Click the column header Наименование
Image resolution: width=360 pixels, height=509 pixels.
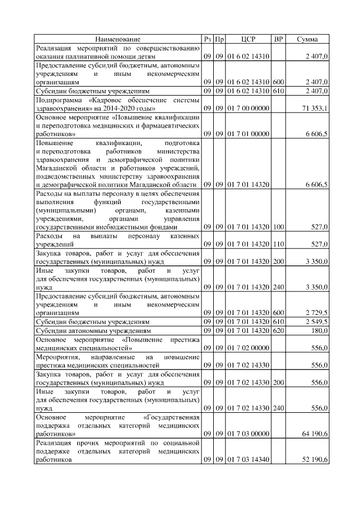[118, 39]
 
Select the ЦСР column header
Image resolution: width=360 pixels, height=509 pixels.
[248, 39]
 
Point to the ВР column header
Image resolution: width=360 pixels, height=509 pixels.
[278, 39]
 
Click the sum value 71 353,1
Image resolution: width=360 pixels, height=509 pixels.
[316, 107]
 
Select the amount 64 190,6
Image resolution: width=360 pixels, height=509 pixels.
[316, 434]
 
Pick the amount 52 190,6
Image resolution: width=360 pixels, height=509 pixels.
[316, 460]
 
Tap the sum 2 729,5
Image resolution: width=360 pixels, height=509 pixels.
[318, 312]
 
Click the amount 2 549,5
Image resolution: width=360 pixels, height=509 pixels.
[318, 321]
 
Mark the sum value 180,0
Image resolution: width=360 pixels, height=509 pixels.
[321, 330]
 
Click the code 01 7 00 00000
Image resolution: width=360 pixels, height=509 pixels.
[249, 107]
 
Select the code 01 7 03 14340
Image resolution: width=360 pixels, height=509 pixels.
[249, 460]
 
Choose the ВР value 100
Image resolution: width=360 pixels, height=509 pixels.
[278, 227]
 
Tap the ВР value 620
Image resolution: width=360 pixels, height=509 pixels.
[278, 330]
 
